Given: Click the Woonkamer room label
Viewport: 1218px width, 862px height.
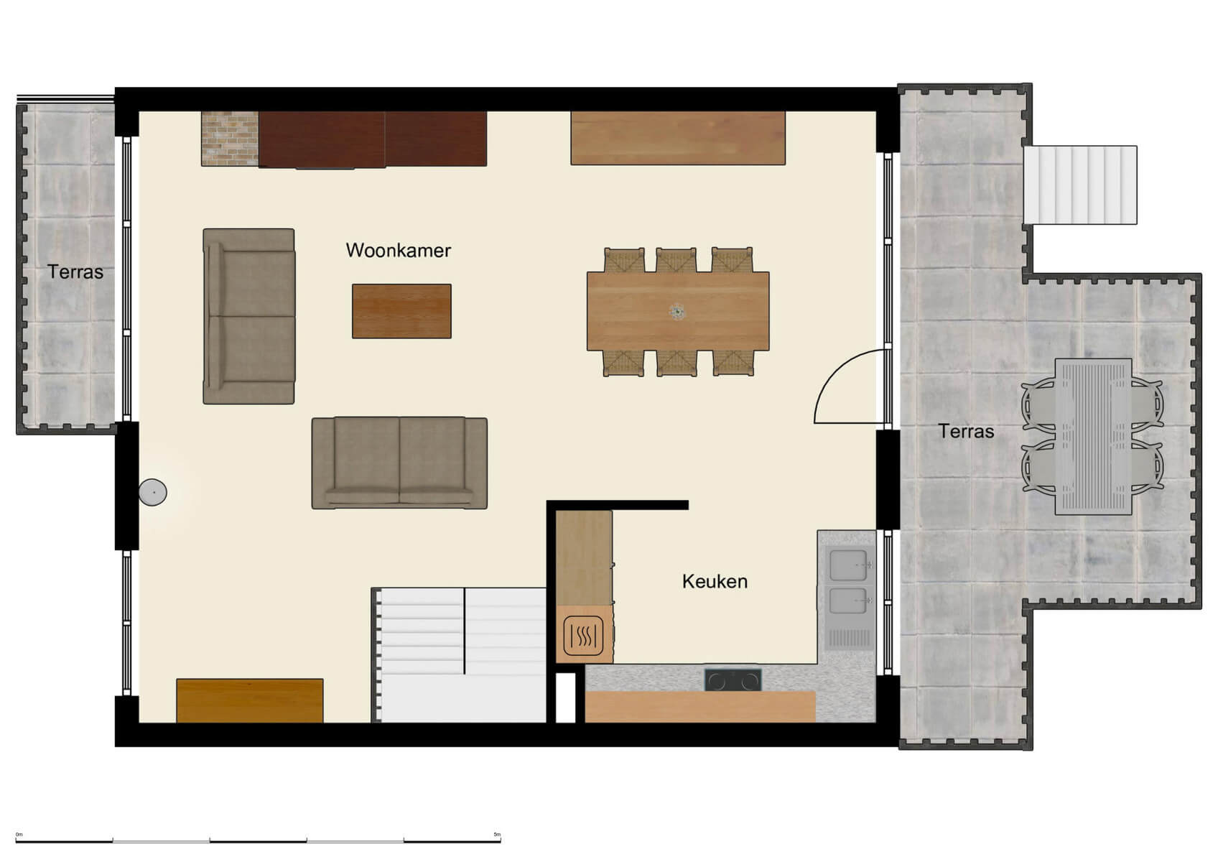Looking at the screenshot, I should click(398, 250).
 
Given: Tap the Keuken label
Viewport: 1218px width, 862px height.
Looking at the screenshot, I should click(715, 581).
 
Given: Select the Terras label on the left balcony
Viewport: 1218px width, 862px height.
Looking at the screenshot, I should click(75, 272).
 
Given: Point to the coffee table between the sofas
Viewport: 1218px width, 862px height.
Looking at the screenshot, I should click(401, 311).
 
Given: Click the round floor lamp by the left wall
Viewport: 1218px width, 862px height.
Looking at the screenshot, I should click(152, 492).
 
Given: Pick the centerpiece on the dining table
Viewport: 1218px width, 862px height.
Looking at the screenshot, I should click(677, 312).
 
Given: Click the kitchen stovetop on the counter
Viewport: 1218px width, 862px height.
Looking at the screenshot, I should click(733, 680).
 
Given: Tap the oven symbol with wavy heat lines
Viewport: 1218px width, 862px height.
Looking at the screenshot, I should click(583, 636).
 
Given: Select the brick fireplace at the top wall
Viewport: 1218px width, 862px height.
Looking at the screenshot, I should click(229, 139).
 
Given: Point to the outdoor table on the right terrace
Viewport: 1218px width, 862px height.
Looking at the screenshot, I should click(1093, 437).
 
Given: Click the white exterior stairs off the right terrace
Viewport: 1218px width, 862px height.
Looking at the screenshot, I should click(1080, 185).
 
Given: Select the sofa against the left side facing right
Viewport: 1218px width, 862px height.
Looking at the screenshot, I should click(248, 316).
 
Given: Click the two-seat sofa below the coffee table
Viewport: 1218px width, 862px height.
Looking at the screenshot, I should click(399, 463).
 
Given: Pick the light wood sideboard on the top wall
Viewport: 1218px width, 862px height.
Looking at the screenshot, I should click(677, 138).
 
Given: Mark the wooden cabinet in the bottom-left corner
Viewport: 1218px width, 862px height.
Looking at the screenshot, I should click(249, 700).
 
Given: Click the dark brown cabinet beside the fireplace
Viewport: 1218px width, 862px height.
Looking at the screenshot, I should click(372, 139).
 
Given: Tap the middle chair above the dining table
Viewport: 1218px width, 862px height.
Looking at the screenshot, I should click(676, 259).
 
